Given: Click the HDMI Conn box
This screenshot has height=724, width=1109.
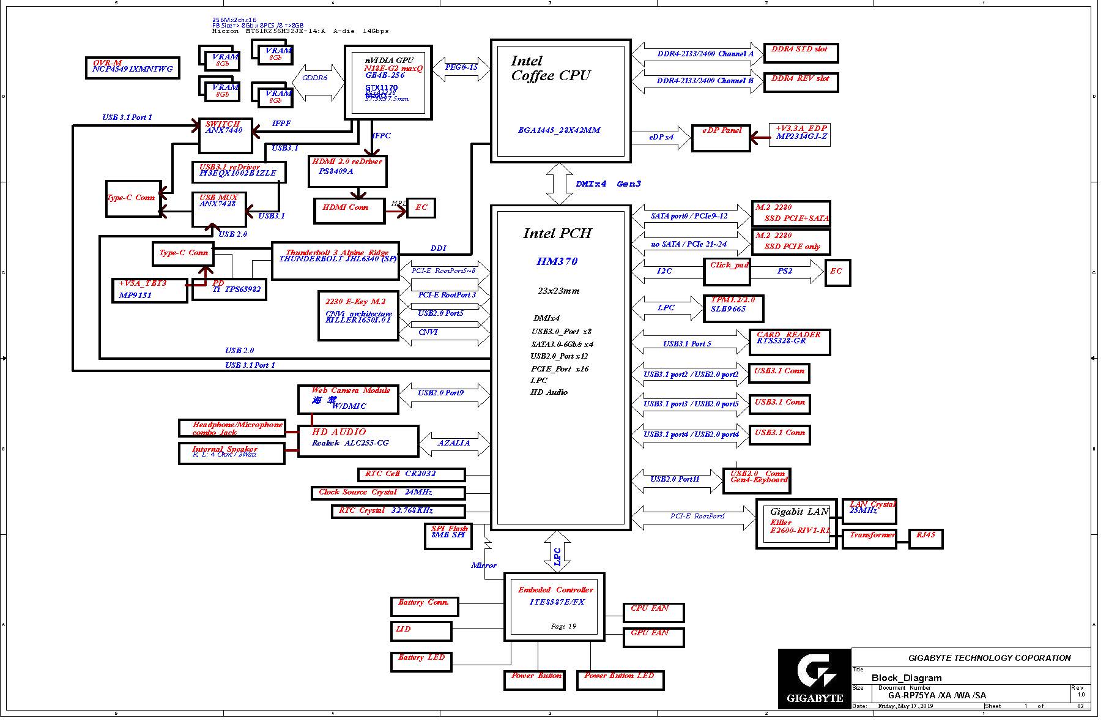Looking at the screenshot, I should pyautogui.click(x=349, y=211).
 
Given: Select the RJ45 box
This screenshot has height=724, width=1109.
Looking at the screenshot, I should pyautogui.click(x=925, y=539).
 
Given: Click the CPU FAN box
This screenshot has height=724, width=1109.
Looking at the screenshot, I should pyautogui.click(x=653, y=612).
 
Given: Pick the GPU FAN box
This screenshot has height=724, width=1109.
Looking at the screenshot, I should pyautogui.click(x=653, y=637).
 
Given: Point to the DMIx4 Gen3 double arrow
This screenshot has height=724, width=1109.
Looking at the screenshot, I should pyautogui.click(x=559, y=184).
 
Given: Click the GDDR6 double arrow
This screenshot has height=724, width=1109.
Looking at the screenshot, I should pyautogui.click(x=318, y=82).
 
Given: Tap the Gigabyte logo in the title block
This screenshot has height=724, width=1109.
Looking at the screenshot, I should pyautogui.click(x=814, y=679).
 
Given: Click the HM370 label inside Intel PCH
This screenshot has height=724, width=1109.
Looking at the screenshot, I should pyautogui.click(x=557, y=261).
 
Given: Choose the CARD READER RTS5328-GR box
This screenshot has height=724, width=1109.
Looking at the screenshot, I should pyautogui.click(x=789, y=342).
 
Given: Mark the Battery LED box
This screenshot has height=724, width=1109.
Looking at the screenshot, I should pyautogui.click(x=421, y=662).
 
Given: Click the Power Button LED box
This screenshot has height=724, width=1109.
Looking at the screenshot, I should pyautogui.click(x=620, y=680).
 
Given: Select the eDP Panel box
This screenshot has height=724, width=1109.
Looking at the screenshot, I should pyautogui.click(x=721, y=138).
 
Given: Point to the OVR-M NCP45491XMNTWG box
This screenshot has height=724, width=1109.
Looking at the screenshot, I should pyautogui.click(x=133, y=68).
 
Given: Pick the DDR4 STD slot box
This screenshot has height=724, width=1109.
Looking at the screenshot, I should pyautogui.click(x=800, y=53).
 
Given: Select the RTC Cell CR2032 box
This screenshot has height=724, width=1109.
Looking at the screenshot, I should pyautogui.click(x=411, y=474).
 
